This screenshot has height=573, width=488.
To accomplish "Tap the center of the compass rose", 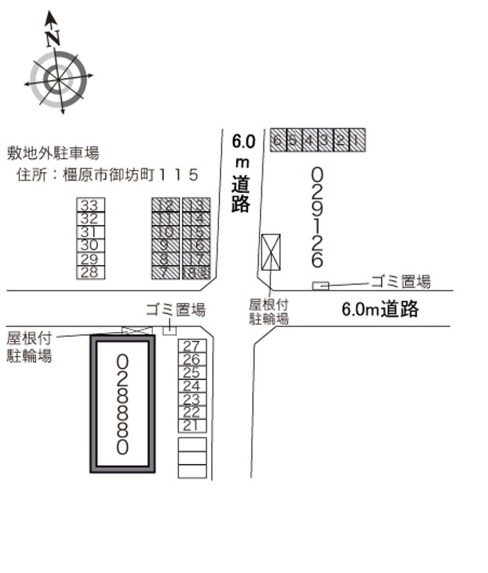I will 59,79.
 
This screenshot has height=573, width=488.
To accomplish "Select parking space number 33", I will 90,205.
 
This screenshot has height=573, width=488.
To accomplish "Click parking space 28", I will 90,272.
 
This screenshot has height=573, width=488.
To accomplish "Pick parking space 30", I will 90,245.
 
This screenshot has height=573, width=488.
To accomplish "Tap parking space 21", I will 192,425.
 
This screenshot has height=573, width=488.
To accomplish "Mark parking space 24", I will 192,386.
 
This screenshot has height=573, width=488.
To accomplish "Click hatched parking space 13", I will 196,205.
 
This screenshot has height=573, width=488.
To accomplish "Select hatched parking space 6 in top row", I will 278,140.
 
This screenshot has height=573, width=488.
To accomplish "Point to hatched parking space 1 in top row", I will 357,140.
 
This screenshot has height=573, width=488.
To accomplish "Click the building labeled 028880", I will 122,404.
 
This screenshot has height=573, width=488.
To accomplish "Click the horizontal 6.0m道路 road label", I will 380,310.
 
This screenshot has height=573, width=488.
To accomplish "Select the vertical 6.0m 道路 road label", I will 242,174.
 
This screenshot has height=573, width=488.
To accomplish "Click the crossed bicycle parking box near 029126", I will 270,252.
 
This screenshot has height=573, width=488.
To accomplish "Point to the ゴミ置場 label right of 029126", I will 400,282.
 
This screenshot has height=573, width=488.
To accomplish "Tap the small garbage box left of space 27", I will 169,330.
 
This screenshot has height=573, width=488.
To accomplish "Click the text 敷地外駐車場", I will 53,153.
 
